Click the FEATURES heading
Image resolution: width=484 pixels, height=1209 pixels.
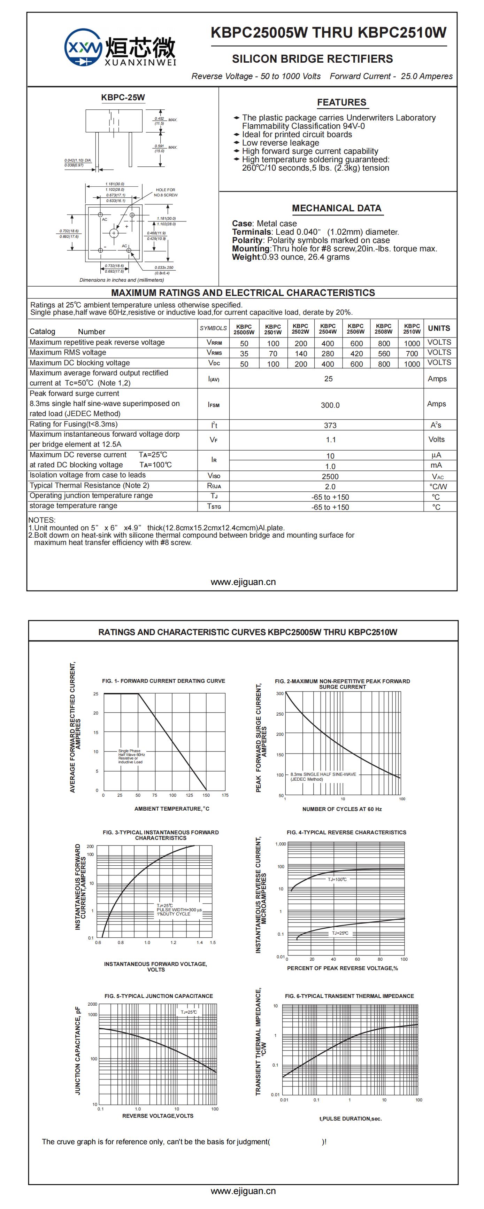click(341, 102)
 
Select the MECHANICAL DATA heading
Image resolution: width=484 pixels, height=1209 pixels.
click(336, 208)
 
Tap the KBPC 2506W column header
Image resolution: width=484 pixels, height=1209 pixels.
click(355, 328)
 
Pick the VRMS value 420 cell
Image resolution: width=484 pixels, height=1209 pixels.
click(356, 353)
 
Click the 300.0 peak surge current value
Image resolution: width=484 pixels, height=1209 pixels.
click(330, 405)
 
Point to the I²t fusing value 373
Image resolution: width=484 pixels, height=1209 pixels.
click(330, 425)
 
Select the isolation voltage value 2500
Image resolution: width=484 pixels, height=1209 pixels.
click(330, 476)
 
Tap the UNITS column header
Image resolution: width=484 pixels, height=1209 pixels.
click(438, 328)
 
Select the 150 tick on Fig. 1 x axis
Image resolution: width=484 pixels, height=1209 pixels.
click(206, 795)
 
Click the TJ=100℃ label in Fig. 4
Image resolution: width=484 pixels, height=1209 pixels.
click(337, 879)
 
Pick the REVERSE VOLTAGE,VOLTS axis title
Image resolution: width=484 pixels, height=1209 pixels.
click(158, 1116)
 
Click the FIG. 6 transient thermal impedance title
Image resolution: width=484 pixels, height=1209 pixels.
click(349, 996)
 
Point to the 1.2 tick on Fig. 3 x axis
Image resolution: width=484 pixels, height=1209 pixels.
click(173, 942)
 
